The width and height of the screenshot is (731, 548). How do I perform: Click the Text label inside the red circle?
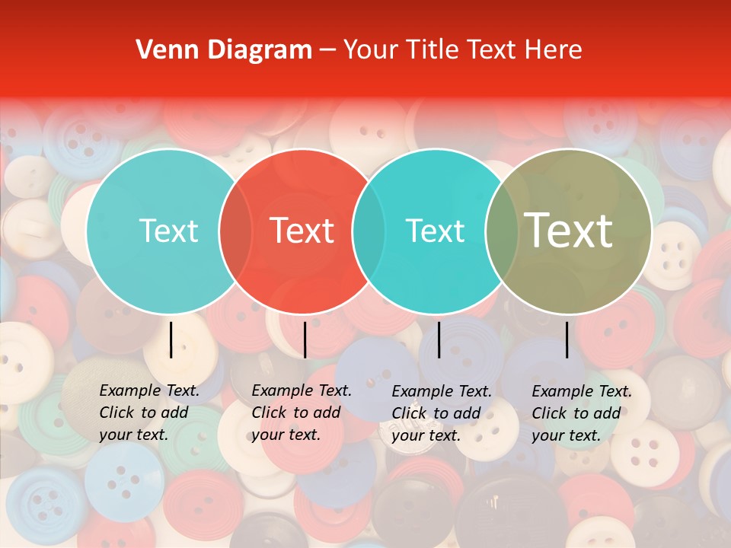point(302,231)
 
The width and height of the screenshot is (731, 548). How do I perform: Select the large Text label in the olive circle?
point(569,231)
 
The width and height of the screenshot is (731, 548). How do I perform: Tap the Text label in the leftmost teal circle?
point(168,231)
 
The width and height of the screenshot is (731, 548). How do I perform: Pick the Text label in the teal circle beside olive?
point(435,231)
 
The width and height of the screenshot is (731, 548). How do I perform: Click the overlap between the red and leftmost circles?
point(235,231)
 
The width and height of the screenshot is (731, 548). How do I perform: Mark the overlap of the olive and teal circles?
point(502,231)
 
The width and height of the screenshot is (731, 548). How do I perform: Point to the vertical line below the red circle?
point(305,339)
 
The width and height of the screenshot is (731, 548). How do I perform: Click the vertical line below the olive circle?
point(567,339)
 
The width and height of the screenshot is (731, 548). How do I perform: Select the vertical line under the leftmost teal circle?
point(171,339)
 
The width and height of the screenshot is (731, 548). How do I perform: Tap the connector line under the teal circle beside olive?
point(439,339)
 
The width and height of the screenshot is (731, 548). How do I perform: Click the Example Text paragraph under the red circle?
point(302,413)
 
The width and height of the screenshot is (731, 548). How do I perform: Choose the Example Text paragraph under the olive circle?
point(582,413)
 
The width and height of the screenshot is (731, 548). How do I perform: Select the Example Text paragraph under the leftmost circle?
point(149,413)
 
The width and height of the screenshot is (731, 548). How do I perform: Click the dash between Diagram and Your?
point(327,50)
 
